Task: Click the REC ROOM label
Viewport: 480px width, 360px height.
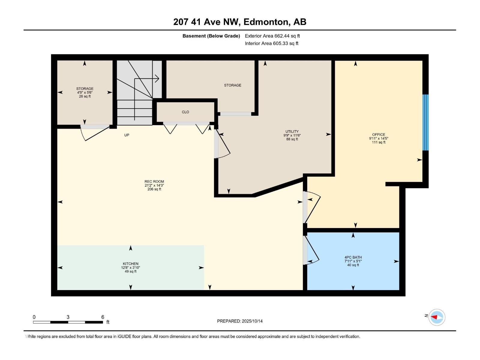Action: coord(154,181)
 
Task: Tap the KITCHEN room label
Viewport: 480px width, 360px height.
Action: coord(130,264)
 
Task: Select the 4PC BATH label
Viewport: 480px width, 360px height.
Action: coord(353,257)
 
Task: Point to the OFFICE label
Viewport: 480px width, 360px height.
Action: coord(379,135)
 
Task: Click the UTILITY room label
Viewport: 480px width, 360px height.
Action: coord(292,131)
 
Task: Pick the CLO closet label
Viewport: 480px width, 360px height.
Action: coord(185,112)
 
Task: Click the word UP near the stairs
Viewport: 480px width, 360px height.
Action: coord(127,135)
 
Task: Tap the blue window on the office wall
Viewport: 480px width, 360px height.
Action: coord(425,122)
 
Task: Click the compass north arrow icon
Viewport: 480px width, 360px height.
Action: coord(436,317)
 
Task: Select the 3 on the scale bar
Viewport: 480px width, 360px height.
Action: coord(68,317)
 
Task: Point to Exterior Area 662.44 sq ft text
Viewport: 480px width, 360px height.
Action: coord(272,36)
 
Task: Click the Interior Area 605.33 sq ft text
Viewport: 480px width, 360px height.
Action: coord(271,43)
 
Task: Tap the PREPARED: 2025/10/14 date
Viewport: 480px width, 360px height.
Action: coord(240,321)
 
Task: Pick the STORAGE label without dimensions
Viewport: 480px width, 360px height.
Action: coord(232,85)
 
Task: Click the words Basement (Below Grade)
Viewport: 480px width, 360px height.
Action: coord(211,36)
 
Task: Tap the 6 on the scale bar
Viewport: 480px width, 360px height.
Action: coord(103,317)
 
